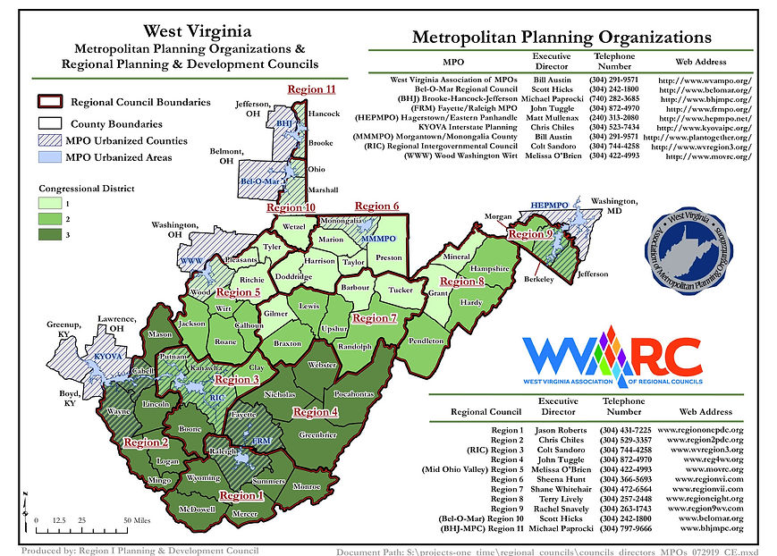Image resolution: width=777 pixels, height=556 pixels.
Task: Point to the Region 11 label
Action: click(311, 89)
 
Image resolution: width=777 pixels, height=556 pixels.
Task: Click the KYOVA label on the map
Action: click(107, 356)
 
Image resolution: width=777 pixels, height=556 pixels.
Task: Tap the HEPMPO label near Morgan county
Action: click(550, 205)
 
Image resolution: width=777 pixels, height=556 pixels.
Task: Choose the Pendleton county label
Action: click(427, 341)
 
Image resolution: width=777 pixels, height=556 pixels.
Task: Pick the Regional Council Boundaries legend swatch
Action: click(49, 103)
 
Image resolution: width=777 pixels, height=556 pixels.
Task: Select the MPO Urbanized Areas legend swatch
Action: click(49, 158)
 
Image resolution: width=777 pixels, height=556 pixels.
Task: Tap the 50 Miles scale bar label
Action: click(137, 519)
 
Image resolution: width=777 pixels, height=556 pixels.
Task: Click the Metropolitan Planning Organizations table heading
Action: click(562, 38)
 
